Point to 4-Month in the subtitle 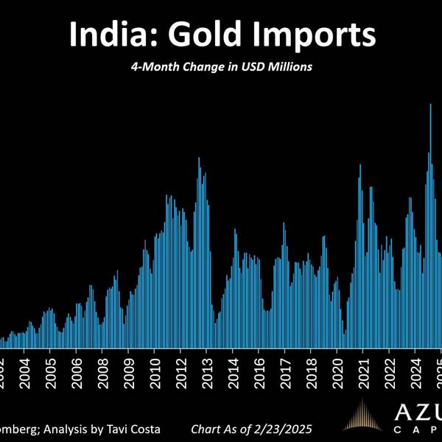[156, 67]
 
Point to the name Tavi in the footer [118, 428]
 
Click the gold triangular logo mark [363, 416]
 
